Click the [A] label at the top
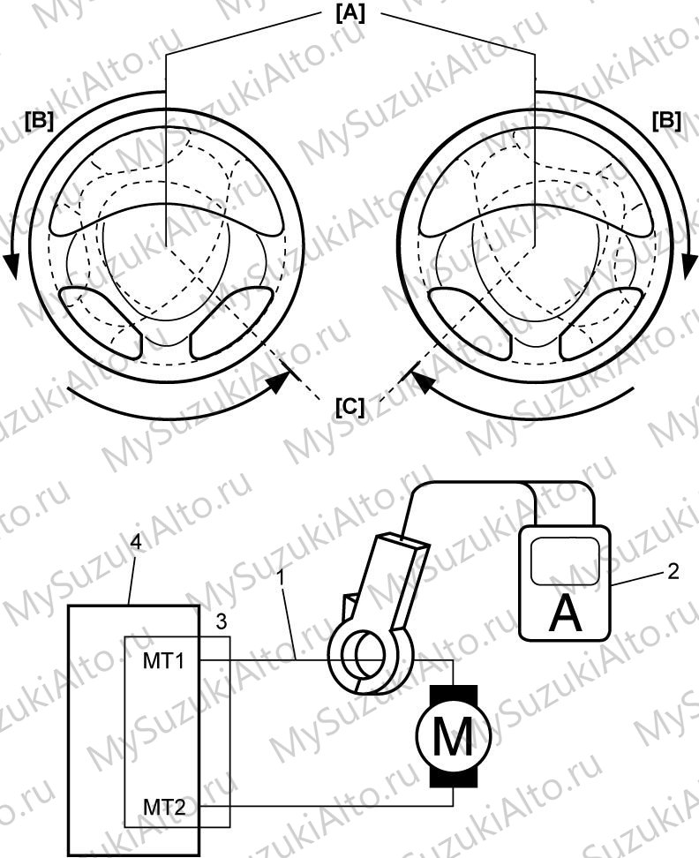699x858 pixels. point(349,13)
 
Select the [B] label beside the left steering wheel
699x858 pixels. point(39,120)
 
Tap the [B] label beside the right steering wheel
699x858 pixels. point(666,120)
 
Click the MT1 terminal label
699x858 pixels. point(163,661)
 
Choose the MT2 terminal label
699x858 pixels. point(164,807)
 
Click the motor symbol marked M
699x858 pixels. point(454,736)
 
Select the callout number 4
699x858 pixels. point(137,542)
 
